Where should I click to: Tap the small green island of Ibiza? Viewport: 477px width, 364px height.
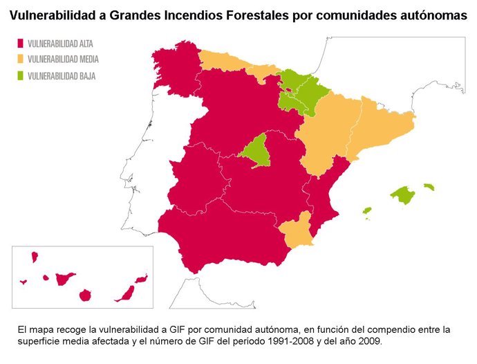coord(367,210)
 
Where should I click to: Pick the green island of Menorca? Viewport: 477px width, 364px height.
coord(429,186)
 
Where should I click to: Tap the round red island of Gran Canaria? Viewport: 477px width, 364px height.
coord(86,295)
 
